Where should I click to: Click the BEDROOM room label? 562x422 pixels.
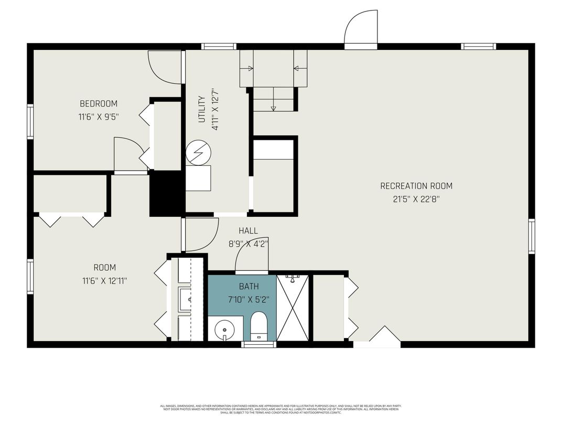click(x=99, y=103)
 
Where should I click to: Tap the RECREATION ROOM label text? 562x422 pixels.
click(x=416, y=186)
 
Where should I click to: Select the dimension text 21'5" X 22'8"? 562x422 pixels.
click(x=416, y=199)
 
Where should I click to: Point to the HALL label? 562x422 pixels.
click(x=248, y=231)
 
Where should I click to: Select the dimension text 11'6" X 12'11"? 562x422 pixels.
click(x=104, y=281)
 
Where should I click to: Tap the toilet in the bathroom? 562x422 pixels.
click(x=259, y=325)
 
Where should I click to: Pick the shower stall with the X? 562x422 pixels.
click(x=293, y=308)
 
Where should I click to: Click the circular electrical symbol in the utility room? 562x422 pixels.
click(x=198, y=152)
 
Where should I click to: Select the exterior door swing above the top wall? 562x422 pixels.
click(x=361, y=29)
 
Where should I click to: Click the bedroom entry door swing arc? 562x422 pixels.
click(x=165, y=67)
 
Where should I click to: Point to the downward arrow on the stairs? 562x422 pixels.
click(x=273, y=108)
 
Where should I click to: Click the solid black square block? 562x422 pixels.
click(x=167, y=194)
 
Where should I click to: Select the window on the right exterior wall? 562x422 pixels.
click(x=531, y=237)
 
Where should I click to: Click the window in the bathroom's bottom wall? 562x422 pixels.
click(x=259, y=345)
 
